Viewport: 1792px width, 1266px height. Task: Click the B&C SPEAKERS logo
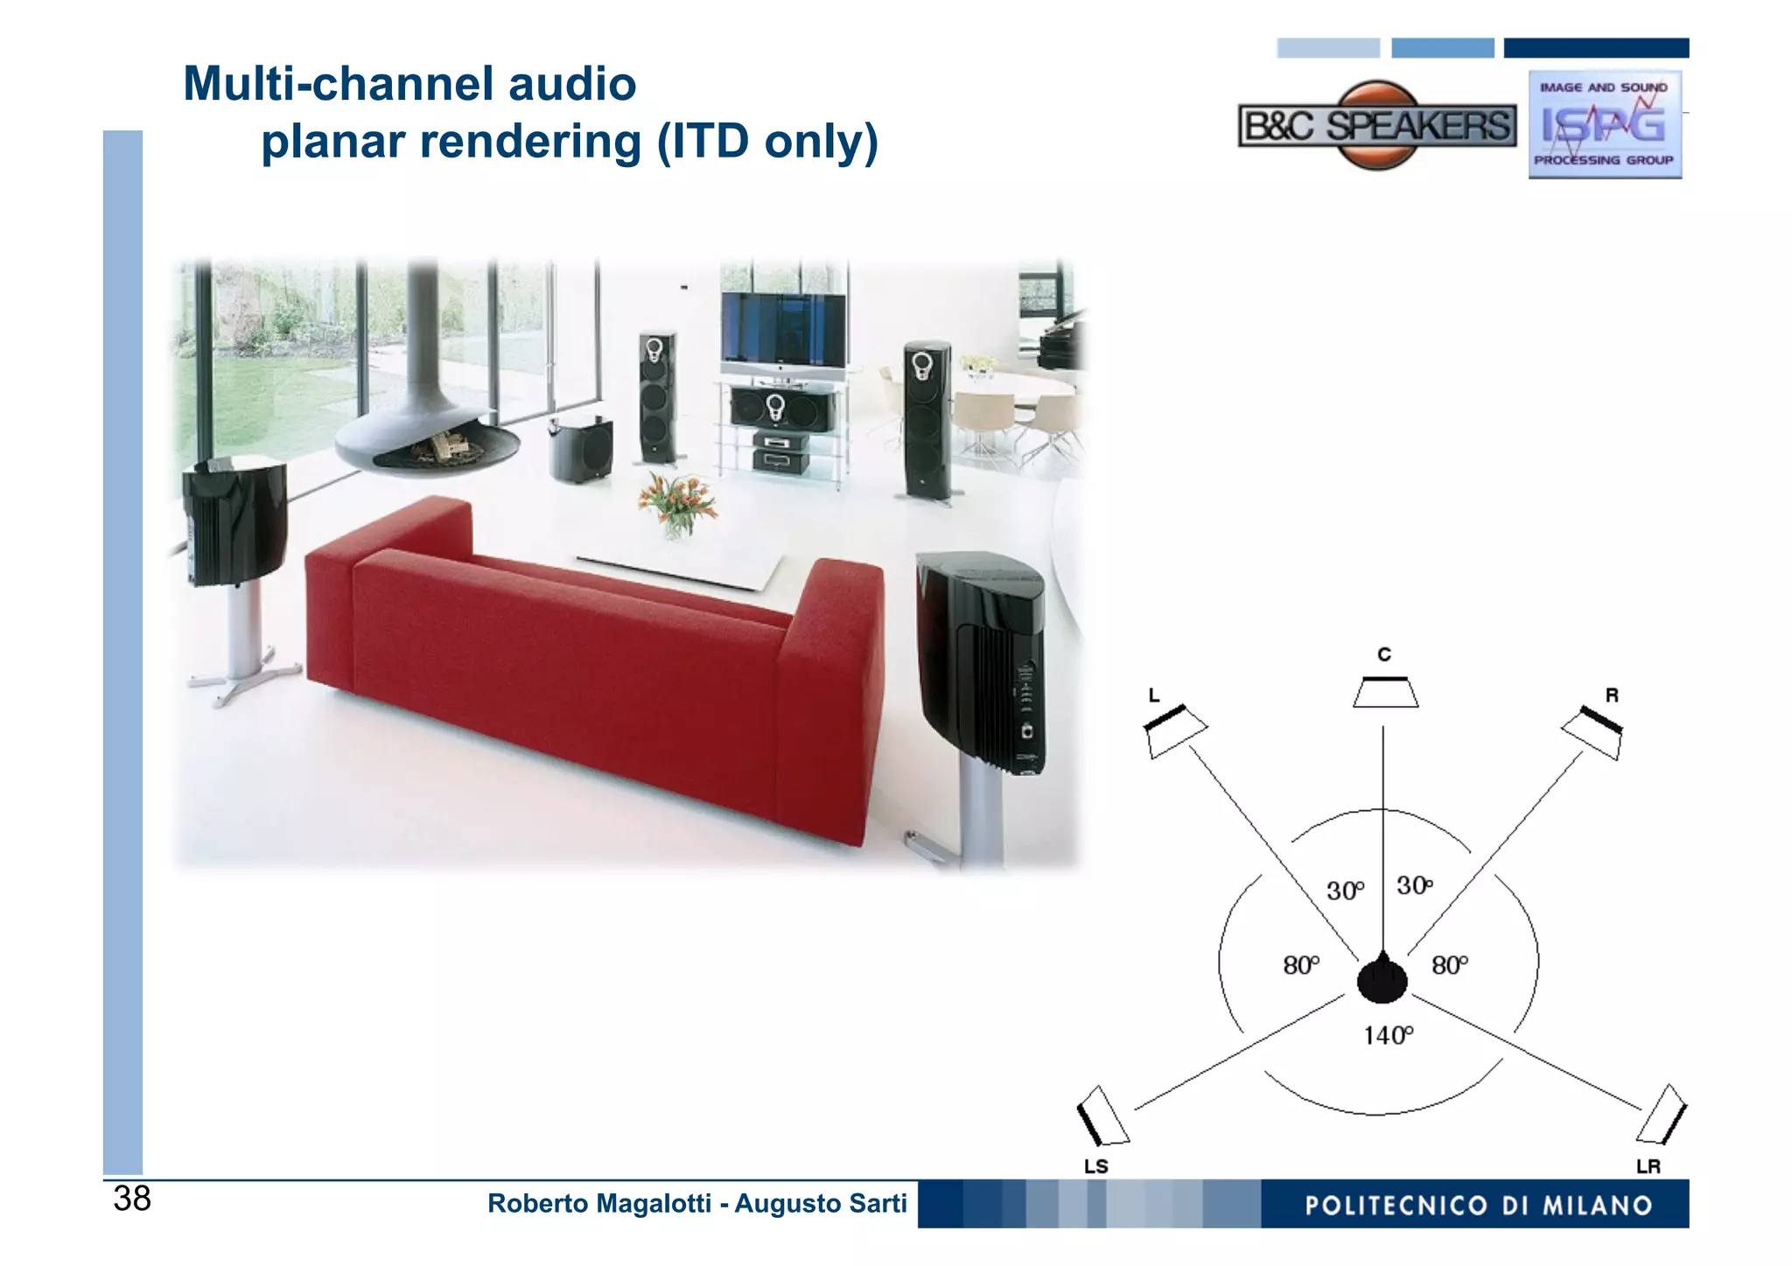[x=1376, y=126]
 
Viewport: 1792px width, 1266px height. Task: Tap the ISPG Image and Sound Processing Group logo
[x=1604, y=124]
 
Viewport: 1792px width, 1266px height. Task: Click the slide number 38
[x=132, y=1199]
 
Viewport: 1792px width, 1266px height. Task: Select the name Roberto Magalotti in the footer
[x=598, y=1204]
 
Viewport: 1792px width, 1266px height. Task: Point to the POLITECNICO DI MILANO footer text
[x=1478, y=1206]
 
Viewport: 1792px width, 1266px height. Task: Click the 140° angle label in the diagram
[x=1388, y=1036]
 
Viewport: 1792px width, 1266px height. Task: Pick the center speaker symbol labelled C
[x=1385, y=692]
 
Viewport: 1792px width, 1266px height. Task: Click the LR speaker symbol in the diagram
[x=1662, y=1116]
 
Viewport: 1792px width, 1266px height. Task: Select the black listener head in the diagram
[x=1382, y=978]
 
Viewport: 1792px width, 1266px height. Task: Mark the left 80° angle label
[x=1301, y=965]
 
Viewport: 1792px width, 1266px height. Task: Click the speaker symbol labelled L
[x=1175, y=730]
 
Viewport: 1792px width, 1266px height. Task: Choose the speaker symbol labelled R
[x=1593, y=731]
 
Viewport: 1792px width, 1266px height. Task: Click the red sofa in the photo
[x=595, y=647]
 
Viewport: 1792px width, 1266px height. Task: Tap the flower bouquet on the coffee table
[x=676, y=503]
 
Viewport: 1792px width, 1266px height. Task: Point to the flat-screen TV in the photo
[x=783, y=331]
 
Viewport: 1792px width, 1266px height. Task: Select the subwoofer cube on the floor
[x=581, y=450]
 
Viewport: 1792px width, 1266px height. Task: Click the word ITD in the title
[x=709, y=142]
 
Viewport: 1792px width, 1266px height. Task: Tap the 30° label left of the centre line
[x=1345, y=891]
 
